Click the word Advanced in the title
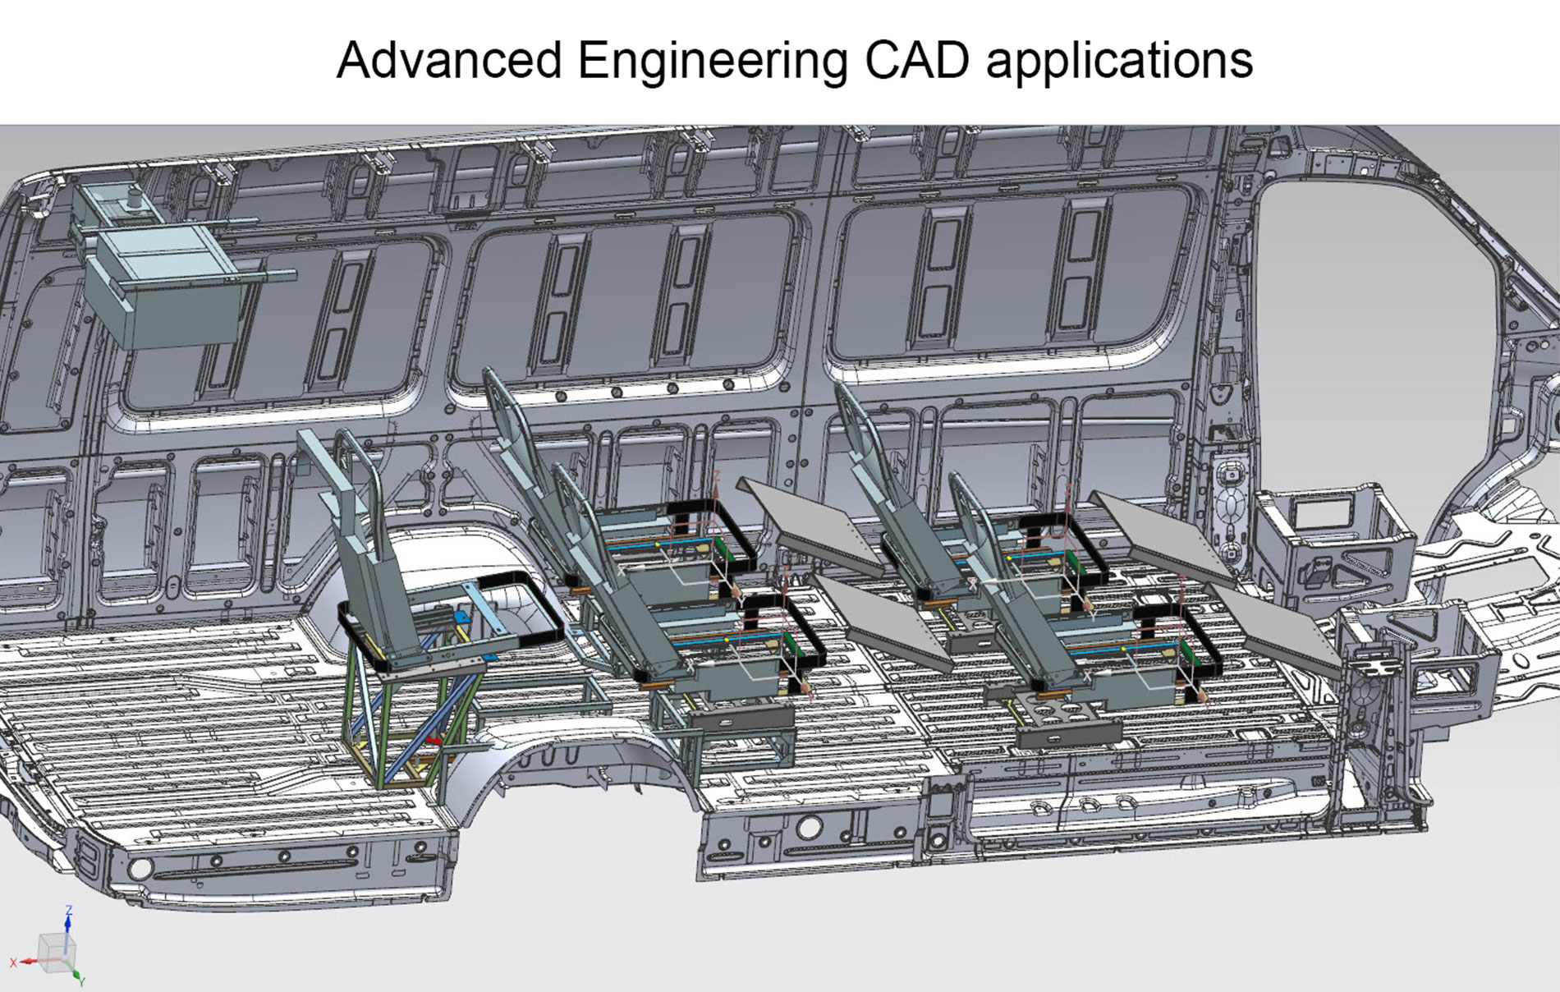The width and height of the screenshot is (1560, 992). point(449,60)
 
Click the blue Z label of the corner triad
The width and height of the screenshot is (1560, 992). point(69,910)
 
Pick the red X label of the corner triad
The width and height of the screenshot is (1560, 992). point(13,962)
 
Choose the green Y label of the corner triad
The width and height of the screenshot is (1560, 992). point(82,981)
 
